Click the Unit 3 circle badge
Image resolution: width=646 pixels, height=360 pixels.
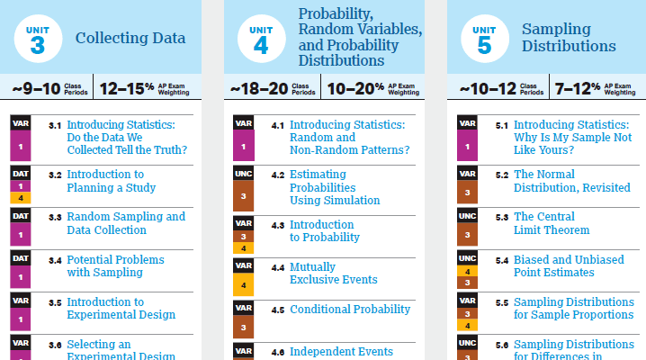point(37,39)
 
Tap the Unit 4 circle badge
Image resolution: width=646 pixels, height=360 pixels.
point(260,39)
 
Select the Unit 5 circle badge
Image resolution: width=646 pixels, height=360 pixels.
point(483,39)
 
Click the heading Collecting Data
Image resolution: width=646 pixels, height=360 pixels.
point(130,39)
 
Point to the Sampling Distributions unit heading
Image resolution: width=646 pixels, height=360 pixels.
point(569,38)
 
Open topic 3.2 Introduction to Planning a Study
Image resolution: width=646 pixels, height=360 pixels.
point(112,181)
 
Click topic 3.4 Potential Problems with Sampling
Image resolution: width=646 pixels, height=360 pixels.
point(116,265)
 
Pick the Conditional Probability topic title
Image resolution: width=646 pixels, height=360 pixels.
point(350,310)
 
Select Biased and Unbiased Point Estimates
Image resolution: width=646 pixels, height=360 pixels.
point(569,265)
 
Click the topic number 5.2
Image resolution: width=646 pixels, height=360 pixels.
point(502,175)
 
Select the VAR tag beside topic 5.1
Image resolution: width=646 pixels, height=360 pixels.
point(466,123)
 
